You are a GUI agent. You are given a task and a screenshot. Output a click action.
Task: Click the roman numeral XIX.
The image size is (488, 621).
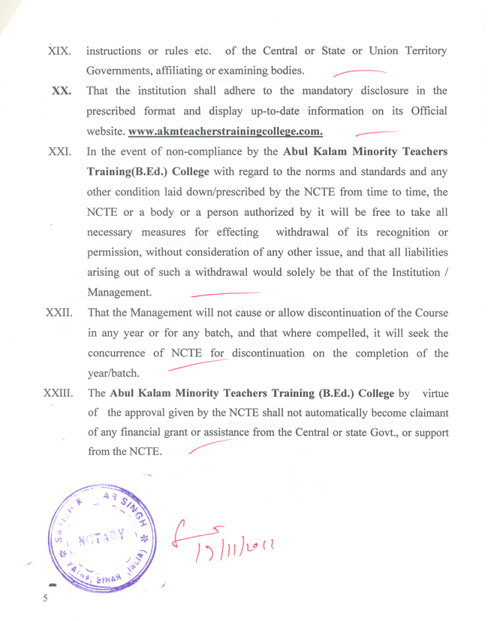point(59,52)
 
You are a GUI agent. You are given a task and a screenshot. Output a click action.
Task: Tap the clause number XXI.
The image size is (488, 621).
point(60,152)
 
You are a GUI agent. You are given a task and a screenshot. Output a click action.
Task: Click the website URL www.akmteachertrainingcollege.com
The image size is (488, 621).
point(226,132)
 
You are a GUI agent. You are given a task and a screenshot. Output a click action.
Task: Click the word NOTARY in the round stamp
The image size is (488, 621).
point(104,538)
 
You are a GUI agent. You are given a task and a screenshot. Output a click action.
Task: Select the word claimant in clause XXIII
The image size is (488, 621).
point(424,413)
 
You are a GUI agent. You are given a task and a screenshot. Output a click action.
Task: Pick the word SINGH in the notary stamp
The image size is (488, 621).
point(133,511)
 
